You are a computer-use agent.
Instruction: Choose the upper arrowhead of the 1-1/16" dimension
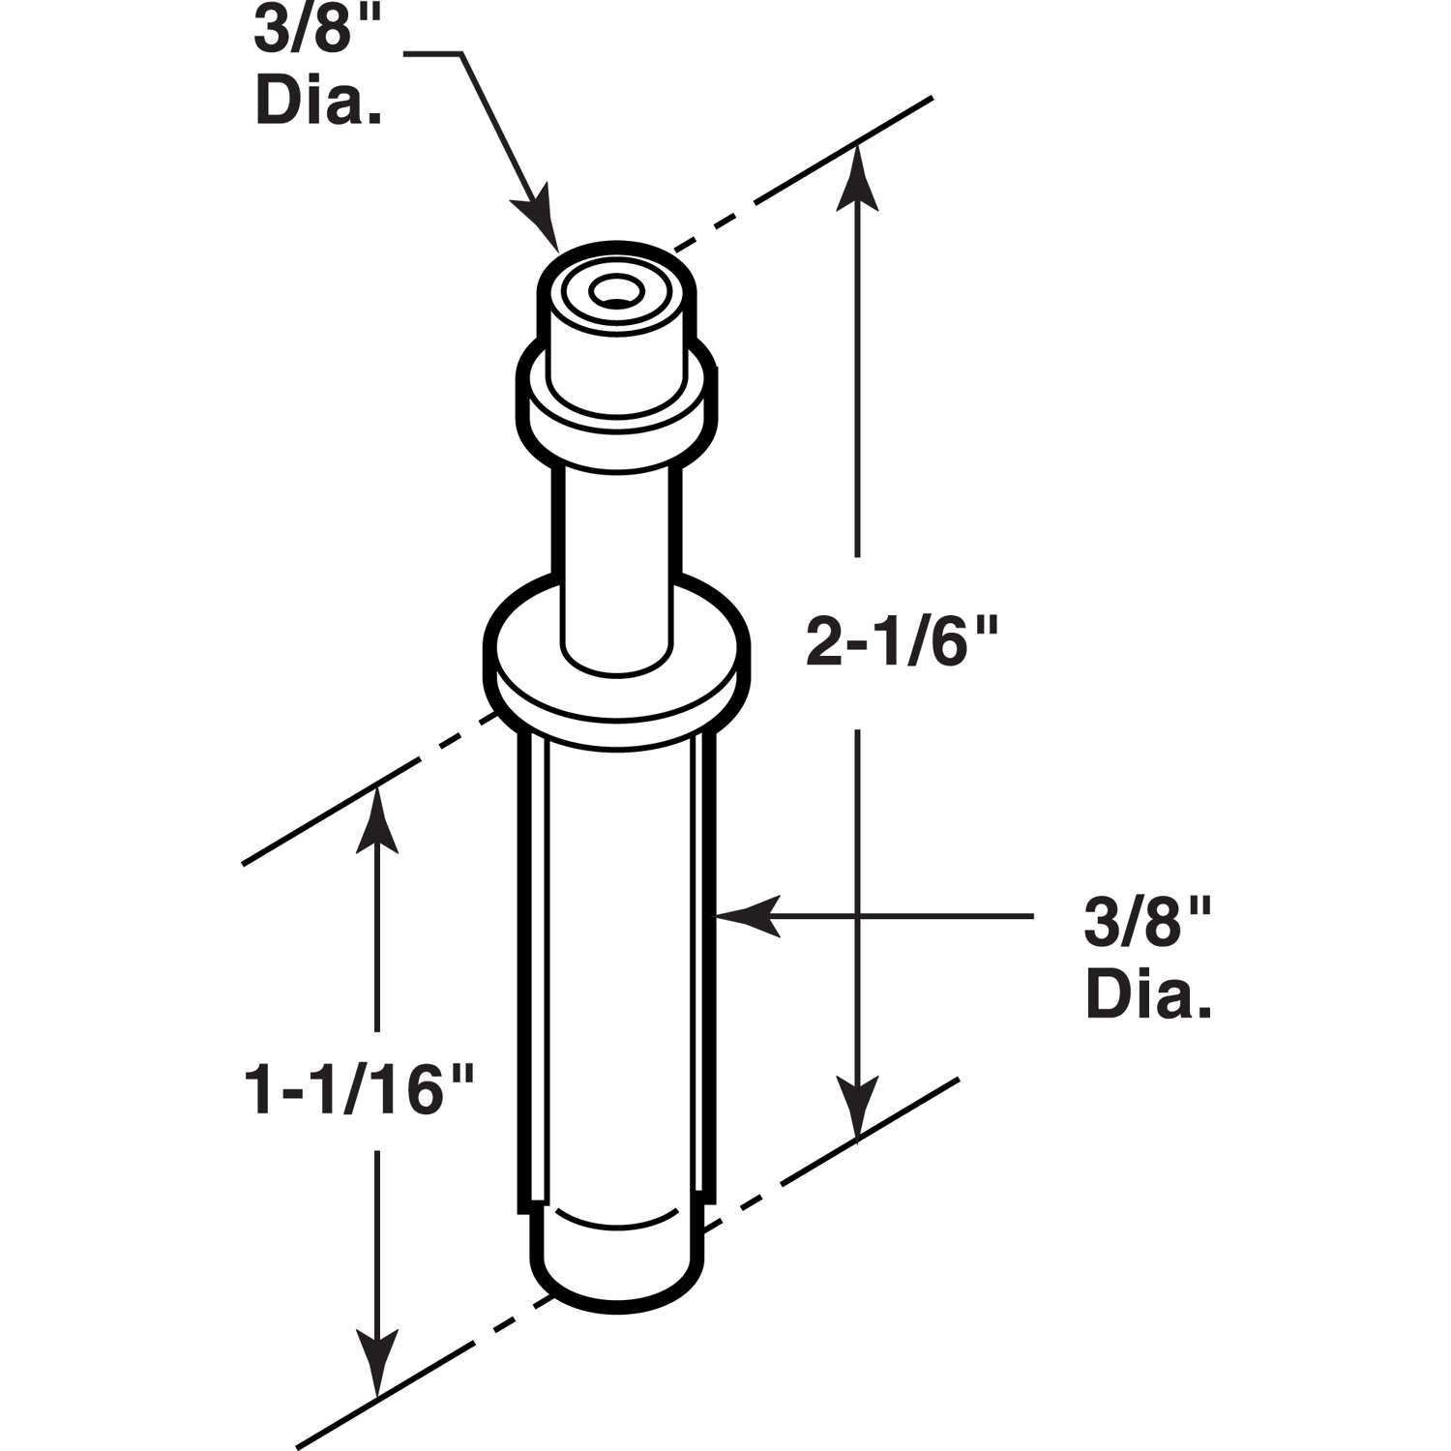tap(376, 822)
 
